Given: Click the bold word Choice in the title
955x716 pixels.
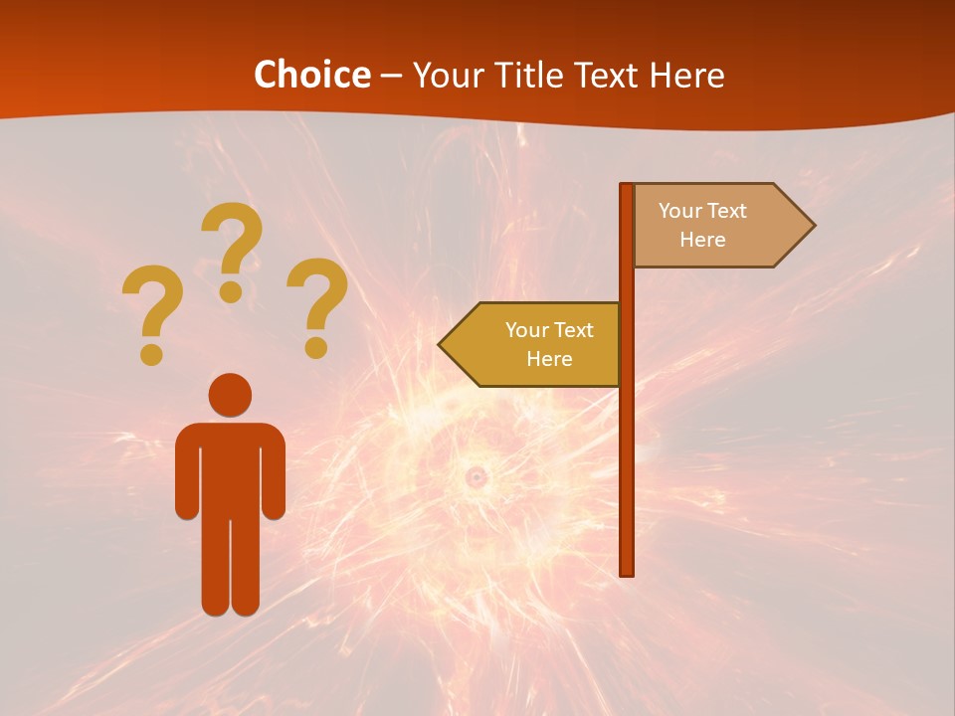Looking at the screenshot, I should [311, 75].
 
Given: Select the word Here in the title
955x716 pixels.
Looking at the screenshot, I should [686, 75].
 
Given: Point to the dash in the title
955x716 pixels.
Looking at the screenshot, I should [391, 76].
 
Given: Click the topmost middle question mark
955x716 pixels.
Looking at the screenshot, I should [232, 244].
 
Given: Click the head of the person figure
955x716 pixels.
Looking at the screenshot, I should [230, 395].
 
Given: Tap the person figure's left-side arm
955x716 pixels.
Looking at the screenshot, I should [186, 477].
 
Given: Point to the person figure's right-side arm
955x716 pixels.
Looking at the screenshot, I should [275, 477].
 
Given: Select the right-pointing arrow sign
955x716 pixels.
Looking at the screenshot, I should [716, 225].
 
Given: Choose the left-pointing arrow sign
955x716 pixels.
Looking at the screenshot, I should [537, 344].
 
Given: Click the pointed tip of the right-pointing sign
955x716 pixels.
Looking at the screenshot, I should [811, 225].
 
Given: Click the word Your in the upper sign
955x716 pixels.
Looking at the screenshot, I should [679, 211].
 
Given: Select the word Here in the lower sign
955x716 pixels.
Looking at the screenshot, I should [549, 359].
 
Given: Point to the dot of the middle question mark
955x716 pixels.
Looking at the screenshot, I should [232, 290].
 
